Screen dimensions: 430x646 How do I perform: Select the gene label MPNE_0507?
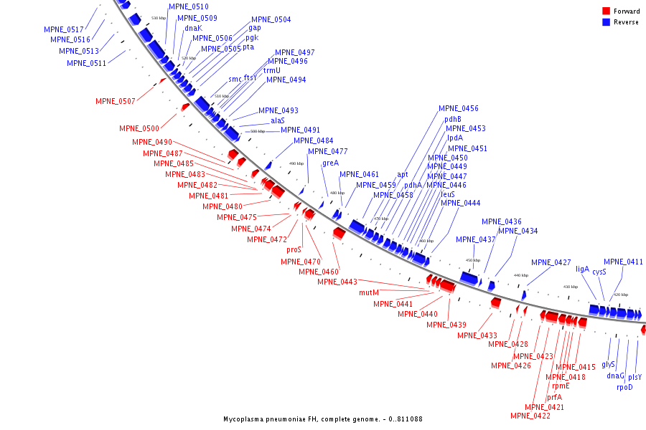[x=116, y=102]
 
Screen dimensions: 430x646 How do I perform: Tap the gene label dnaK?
[x=193, y=29]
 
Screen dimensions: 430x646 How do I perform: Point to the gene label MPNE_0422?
[x=530, y=416]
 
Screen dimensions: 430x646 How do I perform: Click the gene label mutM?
[x=369, y=292]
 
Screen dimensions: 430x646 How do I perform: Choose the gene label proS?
[x=294, y=250]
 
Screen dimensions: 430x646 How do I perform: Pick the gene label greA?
[x=330, y=163]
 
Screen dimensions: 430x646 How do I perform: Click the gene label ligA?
[x=582, y=269]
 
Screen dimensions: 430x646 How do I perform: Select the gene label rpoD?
[x=624, y=388]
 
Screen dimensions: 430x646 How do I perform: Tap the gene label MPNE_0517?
[x=63, y=29]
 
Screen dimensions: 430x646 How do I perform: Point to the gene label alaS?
[x=278, y=121]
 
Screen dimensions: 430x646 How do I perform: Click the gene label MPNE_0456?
[x=459, y=109]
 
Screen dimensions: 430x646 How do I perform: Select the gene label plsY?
[x=635, y=377]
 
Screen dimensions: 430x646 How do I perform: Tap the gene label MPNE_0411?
[x=623, y=262]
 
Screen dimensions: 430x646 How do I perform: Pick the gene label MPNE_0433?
[x=478, y=336]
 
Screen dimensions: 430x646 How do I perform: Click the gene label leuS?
[x=448, y=194]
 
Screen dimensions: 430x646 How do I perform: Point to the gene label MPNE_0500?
[x=139, y=128]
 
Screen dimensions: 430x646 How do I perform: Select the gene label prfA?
[x=554, y=397]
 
